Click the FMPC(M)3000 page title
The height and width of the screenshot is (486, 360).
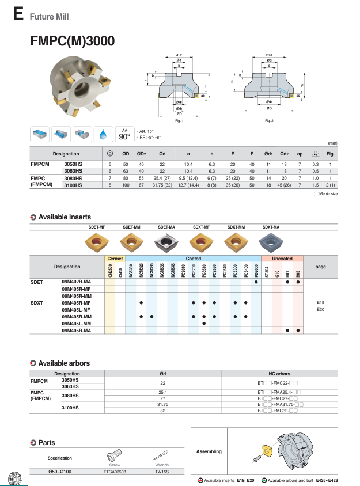pos(72,41)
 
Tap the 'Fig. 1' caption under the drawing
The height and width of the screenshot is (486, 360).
pos(179,121)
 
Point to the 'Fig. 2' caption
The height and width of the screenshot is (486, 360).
pos(269,121)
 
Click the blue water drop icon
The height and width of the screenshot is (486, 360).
pos(104,134)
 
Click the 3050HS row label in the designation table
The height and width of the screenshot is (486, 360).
pos(73,164)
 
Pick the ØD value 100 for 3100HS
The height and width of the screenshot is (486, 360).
pos(125,185)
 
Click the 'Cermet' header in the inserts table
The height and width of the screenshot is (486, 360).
pos(115,259)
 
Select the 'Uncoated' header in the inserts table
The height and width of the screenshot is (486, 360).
pos(282,259)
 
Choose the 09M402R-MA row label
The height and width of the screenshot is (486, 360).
pos(76,282)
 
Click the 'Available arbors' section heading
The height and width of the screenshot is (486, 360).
pos(65,363)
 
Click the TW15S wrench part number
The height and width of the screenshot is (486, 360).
pos(162,470)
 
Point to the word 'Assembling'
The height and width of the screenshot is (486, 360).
pos(209,451)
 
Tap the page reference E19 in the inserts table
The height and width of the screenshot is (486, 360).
pos(321,302)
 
